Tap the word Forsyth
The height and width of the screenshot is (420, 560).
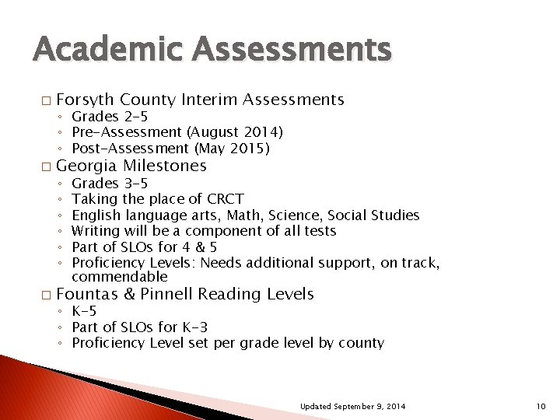85,100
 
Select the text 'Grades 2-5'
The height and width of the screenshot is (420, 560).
110,117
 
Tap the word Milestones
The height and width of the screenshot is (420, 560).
164,166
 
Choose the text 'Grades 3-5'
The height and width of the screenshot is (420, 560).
110,184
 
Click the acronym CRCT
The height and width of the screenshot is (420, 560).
225,199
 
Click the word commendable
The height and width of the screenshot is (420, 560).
119,277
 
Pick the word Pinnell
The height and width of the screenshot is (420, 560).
167,294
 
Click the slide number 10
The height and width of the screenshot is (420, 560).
541,406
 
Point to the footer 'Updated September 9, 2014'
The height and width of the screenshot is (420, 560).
352,406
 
